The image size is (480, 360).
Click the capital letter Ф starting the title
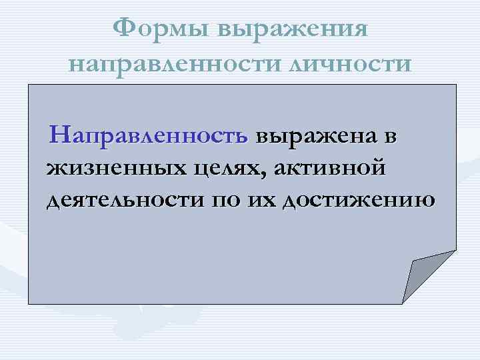[x=123, y=29]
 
